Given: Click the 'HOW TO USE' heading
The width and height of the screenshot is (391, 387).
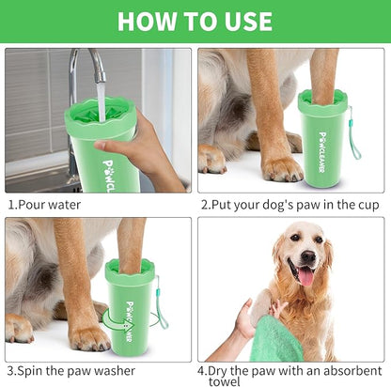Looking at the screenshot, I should coord(195,20).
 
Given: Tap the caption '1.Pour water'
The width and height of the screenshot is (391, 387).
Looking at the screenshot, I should coord(44,204).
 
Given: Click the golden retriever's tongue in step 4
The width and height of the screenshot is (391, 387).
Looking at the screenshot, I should coord(306,276).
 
